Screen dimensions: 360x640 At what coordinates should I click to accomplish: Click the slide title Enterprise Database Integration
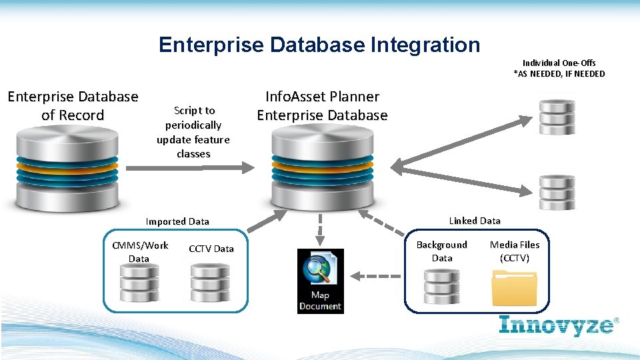[319, 45]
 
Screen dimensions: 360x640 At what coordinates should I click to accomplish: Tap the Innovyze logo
[559, 325]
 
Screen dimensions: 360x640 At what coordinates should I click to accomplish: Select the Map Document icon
[320, 281]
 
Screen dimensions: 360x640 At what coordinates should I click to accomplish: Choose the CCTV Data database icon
[211, 282]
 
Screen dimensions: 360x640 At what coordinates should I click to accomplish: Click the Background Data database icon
[442, 285]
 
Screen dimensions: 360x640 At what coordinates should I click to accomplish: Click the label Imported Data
[177, 221]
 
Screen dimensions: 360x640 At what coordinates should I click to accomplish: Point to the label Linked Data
[474, 221]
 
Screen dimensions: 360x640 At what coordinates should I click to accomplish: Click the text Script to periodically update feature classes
[193, 132]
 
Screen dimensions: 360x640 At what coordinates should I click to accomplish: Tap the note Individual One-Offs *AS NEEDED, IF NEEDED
[559, 68]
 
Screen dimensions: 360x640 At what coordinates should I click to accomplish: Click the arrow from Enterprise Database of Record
[188, 168]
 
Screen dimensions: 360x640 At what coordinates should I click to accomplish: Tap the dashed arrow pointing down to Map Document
[320, 229]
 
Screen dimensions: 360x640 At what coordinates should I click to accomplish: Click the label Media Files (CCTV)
[515, 251]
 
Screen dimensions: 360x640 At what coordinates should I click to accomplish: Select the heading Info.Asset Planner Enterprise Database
[322, 106]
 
